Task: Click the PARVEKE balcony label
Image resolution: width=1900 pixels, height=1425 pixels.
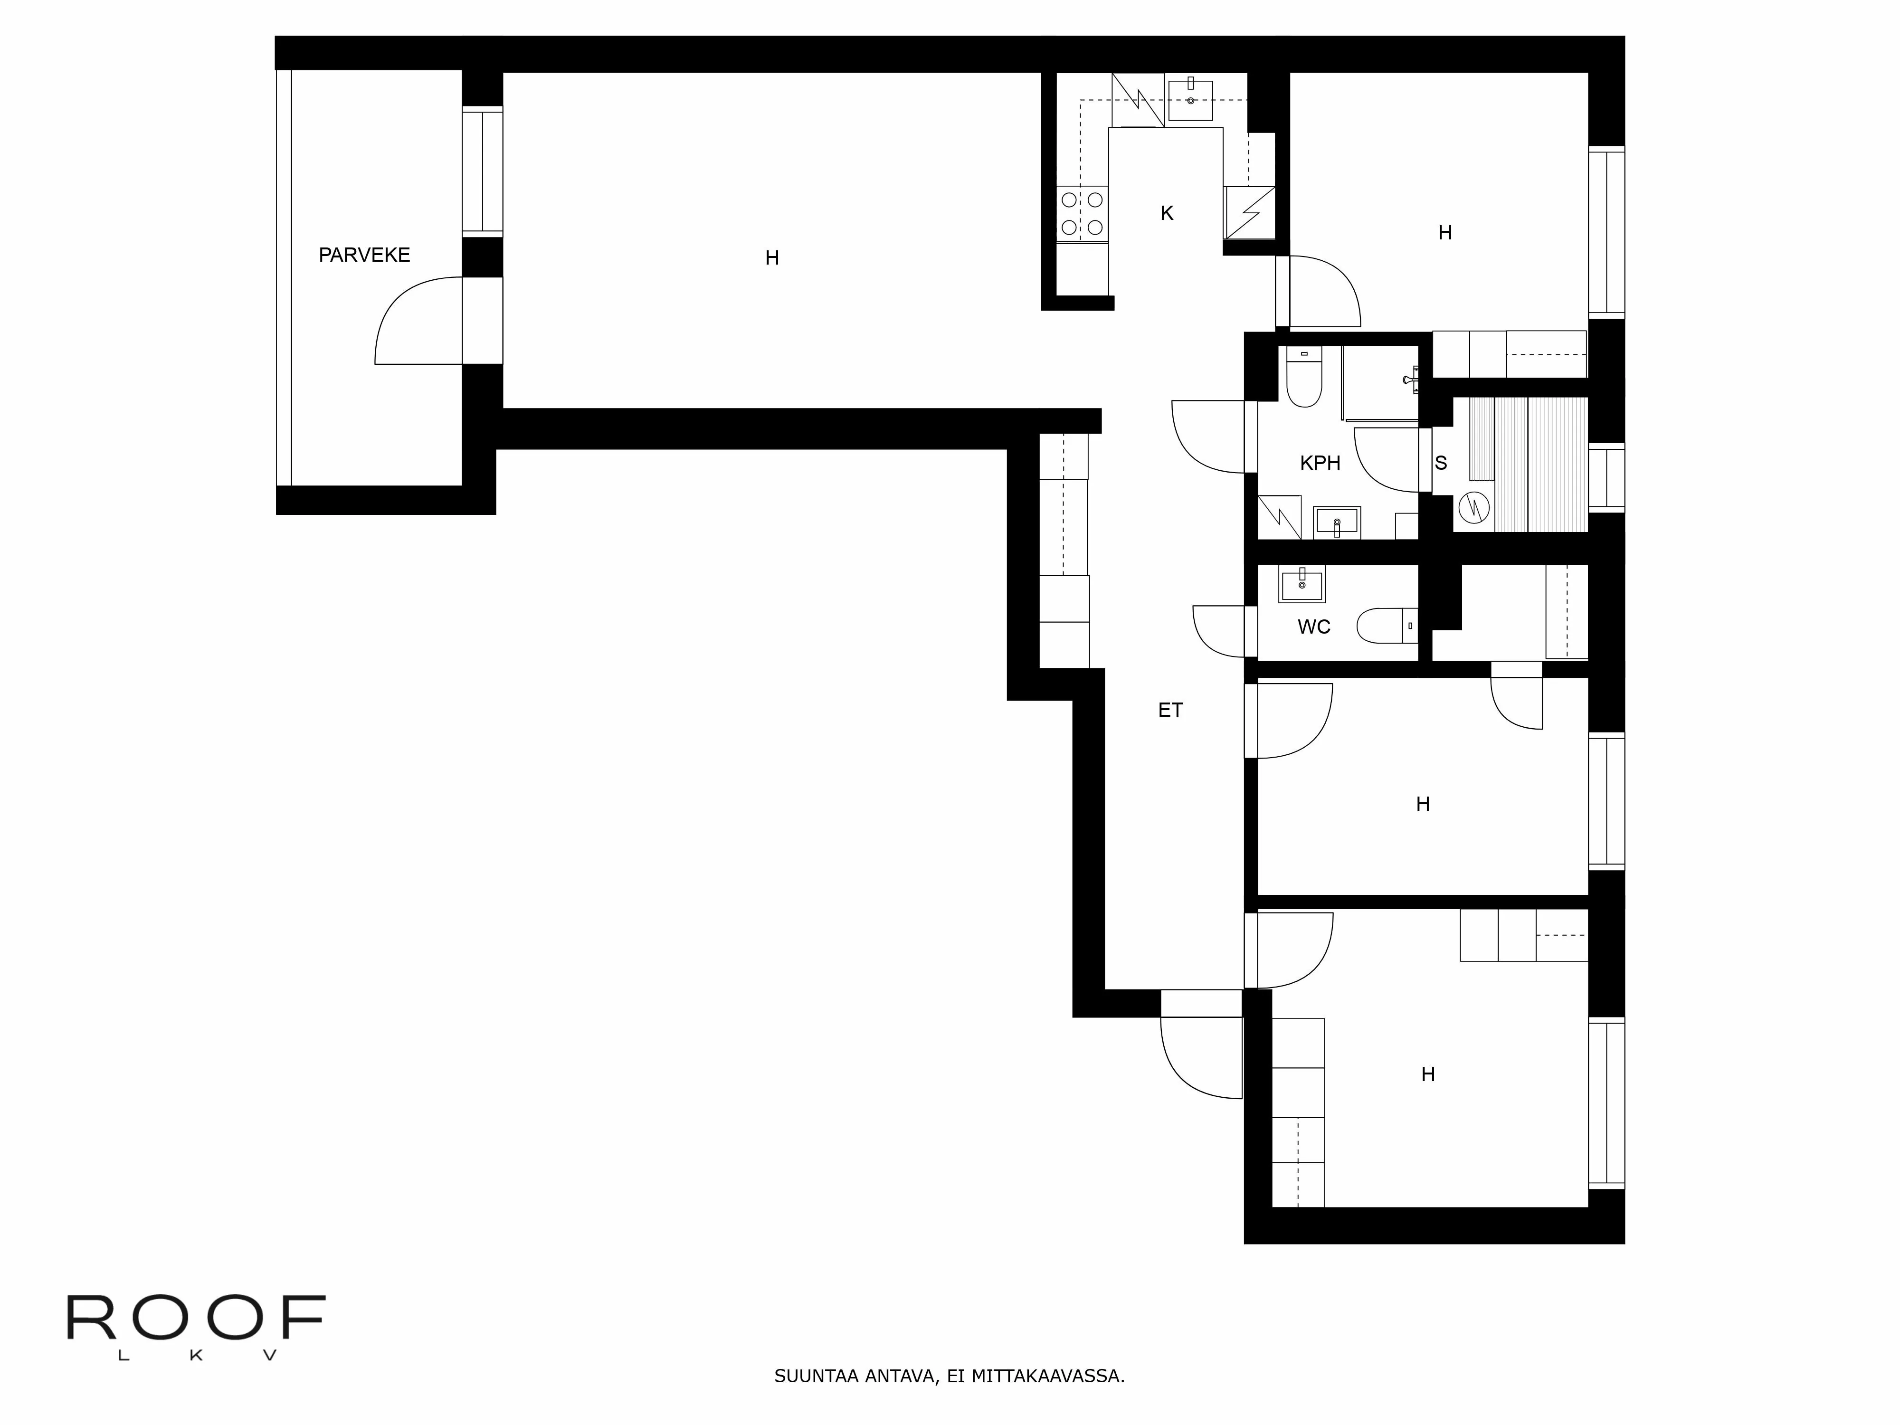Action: point(364,255)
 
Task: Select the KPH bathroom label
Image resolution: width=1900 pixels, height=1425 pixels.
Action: point(1320,464)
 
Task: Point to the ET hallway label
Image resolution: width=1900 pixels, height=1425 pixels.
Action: point(1170,710)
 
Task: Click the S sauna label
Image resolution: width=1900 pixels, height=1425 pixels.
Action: point(1441,464)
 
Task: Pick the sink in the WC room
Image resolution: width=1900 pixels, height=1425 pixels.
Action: point(1301,584)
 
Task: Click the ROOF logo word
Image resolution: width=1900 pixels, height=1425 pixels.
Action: point(196,1319)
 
